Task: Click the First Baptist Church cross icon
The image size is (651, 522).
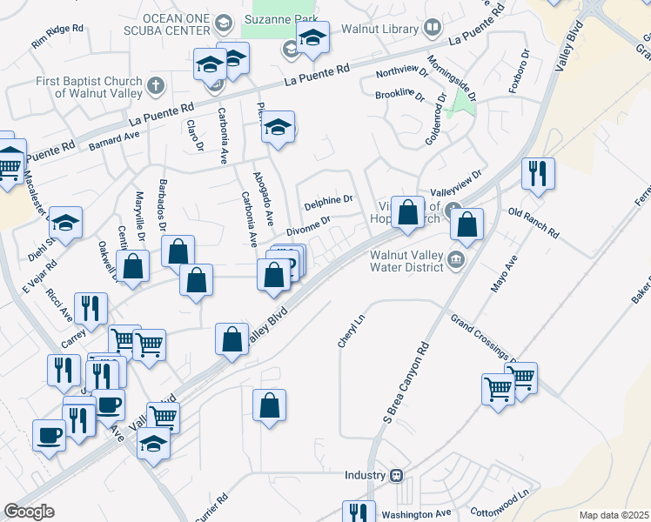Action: [x=156, y=85]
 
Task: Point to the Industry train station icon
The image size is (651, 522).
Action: [x=396, y=475]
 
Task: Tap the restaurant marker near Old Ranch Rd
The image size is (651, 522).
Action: [x=538, y=174]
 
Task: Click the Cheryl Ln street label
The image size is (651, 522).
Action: [x=346, y=331]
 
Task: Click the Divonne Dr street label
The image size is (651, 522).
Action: [x=309, y=227]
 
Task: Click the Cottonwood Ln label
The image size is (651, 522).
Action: [x=499, y=502]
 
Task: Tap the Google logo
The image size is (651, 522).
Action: [x=29, y=512]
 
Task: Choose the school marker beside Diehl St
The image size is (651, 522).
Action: [x=65, y=224]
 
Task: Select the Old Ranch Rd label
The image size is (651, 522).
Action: [x=533, y=225]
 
